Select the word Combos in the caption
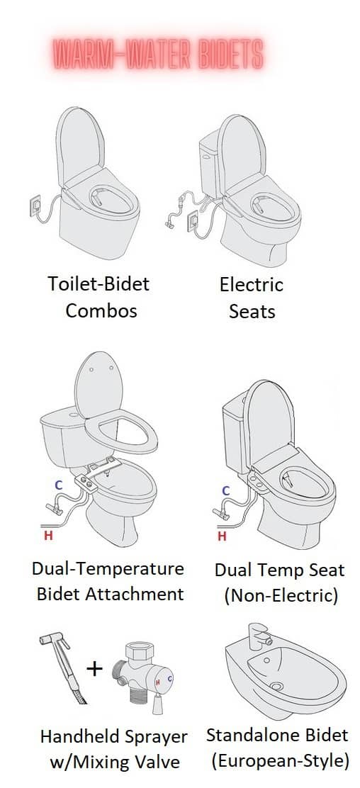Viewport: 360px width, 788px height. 101,310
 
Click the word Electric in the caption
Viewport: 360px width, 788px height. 252,285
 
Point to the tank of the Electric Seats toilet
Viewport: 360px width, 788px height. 210,152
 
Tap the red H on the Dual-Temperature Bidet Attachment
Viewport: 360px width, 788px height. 48,536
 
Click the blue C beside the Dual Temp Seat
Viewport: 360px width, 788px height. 225,490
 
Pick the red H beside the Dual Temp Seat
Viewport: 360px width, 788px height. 223,536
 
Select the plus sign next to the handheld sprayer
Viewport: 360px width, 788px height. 95,668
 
